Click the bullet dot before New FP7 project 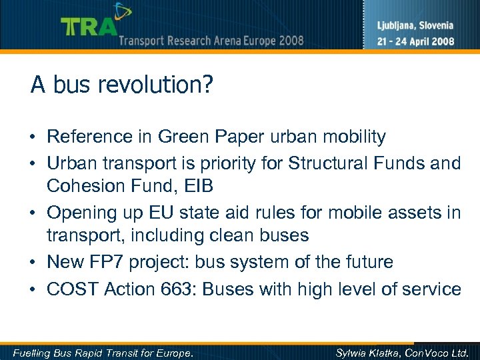point(33,263)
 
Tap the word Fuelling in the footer point(32,352)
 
